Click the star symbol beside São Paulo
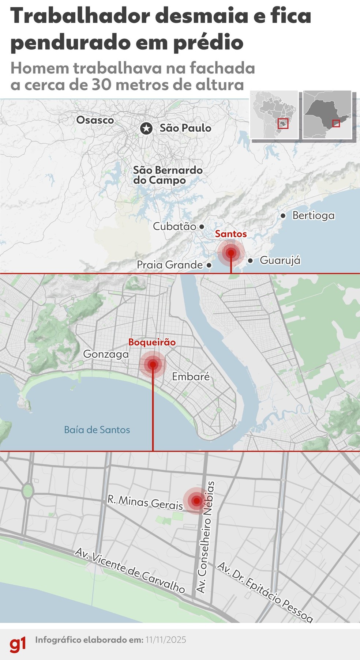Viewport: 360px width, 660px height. [x=146, y=128]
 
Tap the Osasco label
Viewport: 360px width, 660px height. [x=95, y=120]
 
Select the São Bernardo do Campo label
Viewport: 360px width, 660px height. [x=168, y=175]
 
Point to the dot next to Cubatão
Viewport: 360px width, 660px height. [x=202, y=227]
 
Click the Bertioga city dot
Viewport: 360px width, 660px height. [x=283, y=216]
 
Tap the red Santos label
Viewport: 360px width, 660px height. [x=231, y=234]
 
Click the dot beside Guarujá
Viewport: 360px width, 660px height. [x=250, y=261]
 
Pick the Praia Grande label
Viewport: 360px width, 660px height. [x=170, y=265]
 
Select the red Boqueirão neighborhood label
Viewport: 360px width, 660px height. [x=152, y=342]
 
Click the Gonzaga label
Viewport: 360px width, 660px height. [x=106, y=354]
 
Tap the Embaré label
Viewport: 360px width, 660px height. [x=191, y=377]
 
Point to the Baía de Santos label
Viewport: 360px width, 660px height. [x=97, y=430]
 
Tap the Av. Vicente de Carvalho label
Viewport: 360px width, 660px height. [x=130, y=570]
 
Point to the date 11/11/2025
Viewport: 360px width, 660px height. [x=166, y=640]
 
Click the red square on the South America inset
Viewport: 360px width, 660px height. [x=283, y=124]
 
